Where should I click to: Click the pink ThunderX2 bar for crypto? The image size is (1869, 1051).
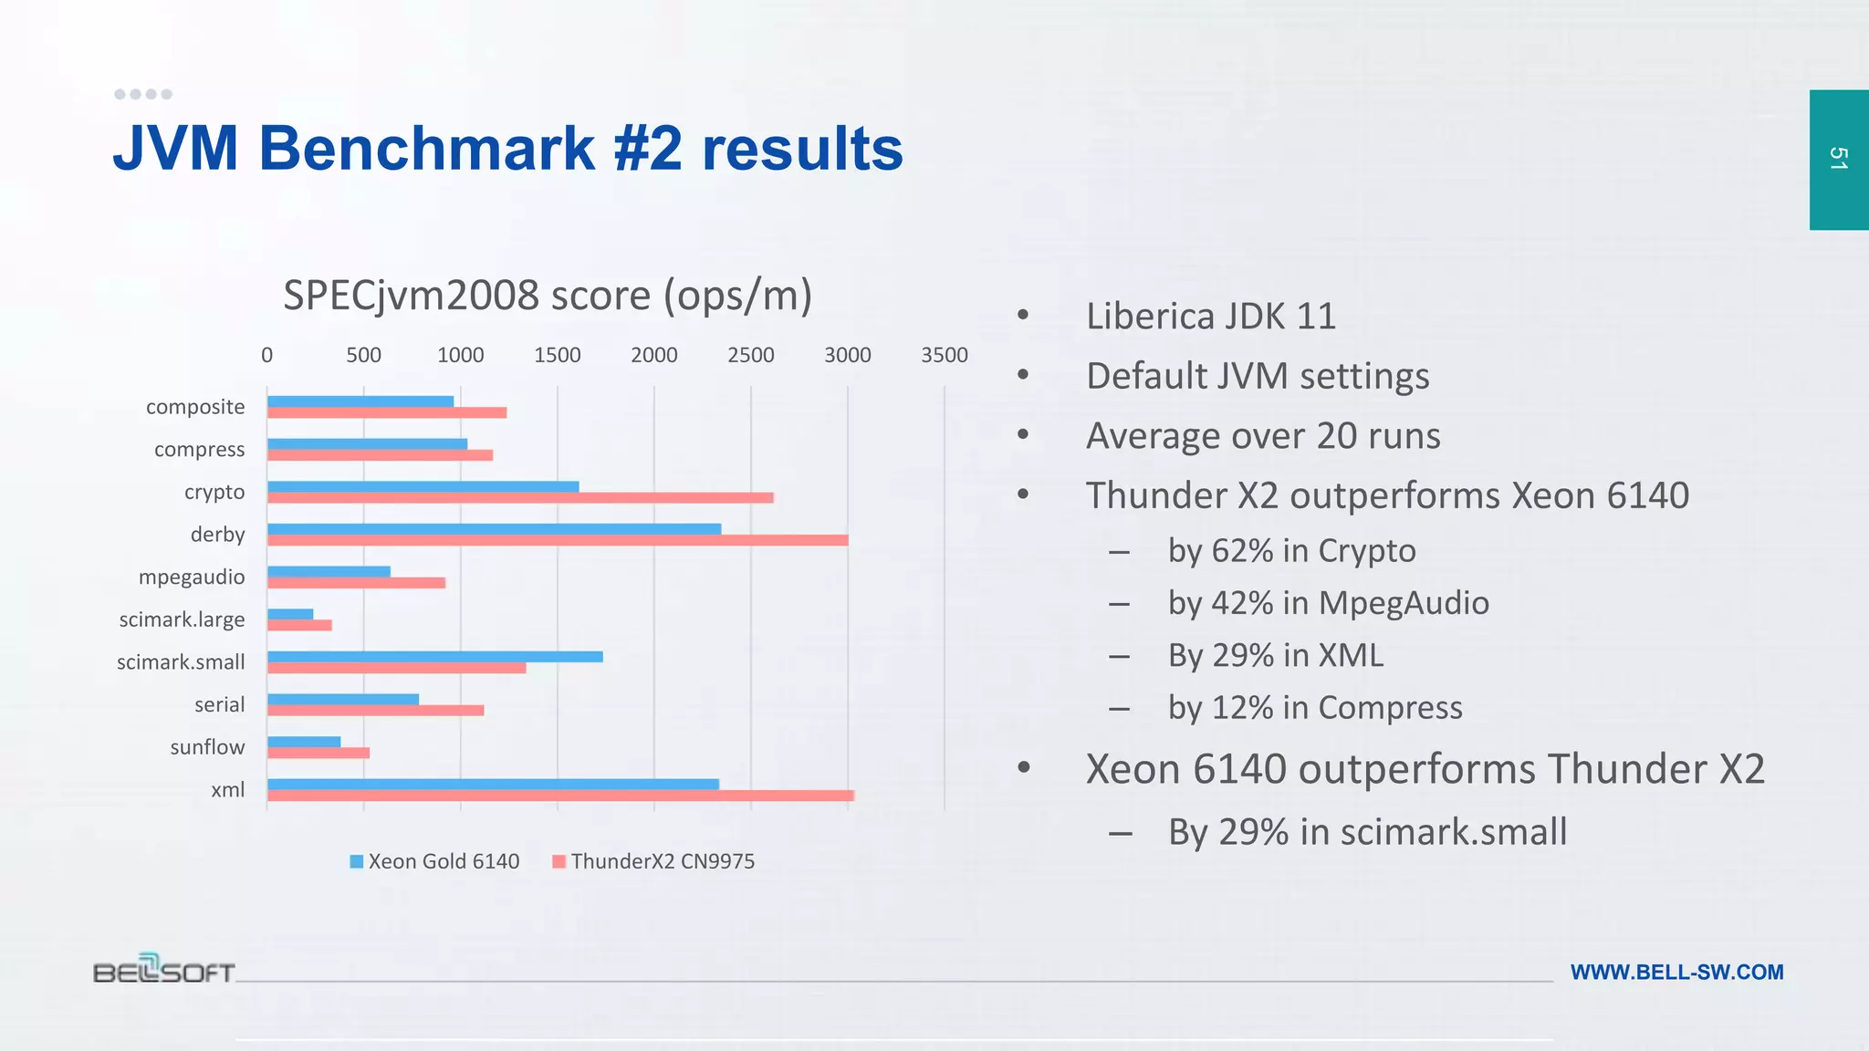coord(520,498)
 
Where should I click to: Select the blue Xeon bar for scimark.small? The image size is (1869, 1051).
coord(434,657)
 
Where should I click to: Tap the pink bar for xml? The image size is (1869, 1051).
coord(560,796)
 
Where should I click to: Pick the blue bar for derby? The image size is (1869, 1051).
coord(494,529)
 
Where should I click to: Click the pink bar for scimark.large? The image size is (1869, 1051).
coord(299,626)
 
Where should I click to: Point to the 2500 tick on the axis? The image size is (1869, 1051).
coord(750,355)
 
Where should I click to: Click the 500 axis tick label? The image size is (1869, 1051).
coord(363,355)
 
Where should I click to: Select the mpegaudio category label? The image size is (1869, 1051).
coord(192,578)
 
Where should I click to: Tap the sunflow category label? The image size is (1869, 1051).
coord(207,747)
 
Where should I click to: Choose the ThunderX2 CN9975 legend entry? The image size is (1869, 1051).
coord(653,861)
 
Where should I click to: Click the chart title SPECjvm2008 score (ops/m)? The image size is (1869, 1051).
coord(548,296)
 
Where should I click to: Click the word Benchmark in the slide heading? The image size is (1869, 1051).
coord(427,148)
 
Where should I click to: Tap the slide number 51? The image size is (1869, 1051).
coord(1838,159)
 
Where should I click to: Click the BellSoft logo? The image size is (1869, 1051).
coord(164,969)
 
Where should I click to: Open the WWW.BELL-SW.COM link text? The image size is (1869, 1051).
coord(1676,973)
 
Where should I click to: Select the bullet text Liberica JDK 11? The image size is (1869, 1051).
coord(1210,317)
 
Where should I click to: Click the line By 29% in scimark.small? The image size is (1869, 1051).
coord(1367,832)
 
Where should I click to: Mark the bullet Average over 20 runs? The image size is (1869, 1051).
coord(1263,436)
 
